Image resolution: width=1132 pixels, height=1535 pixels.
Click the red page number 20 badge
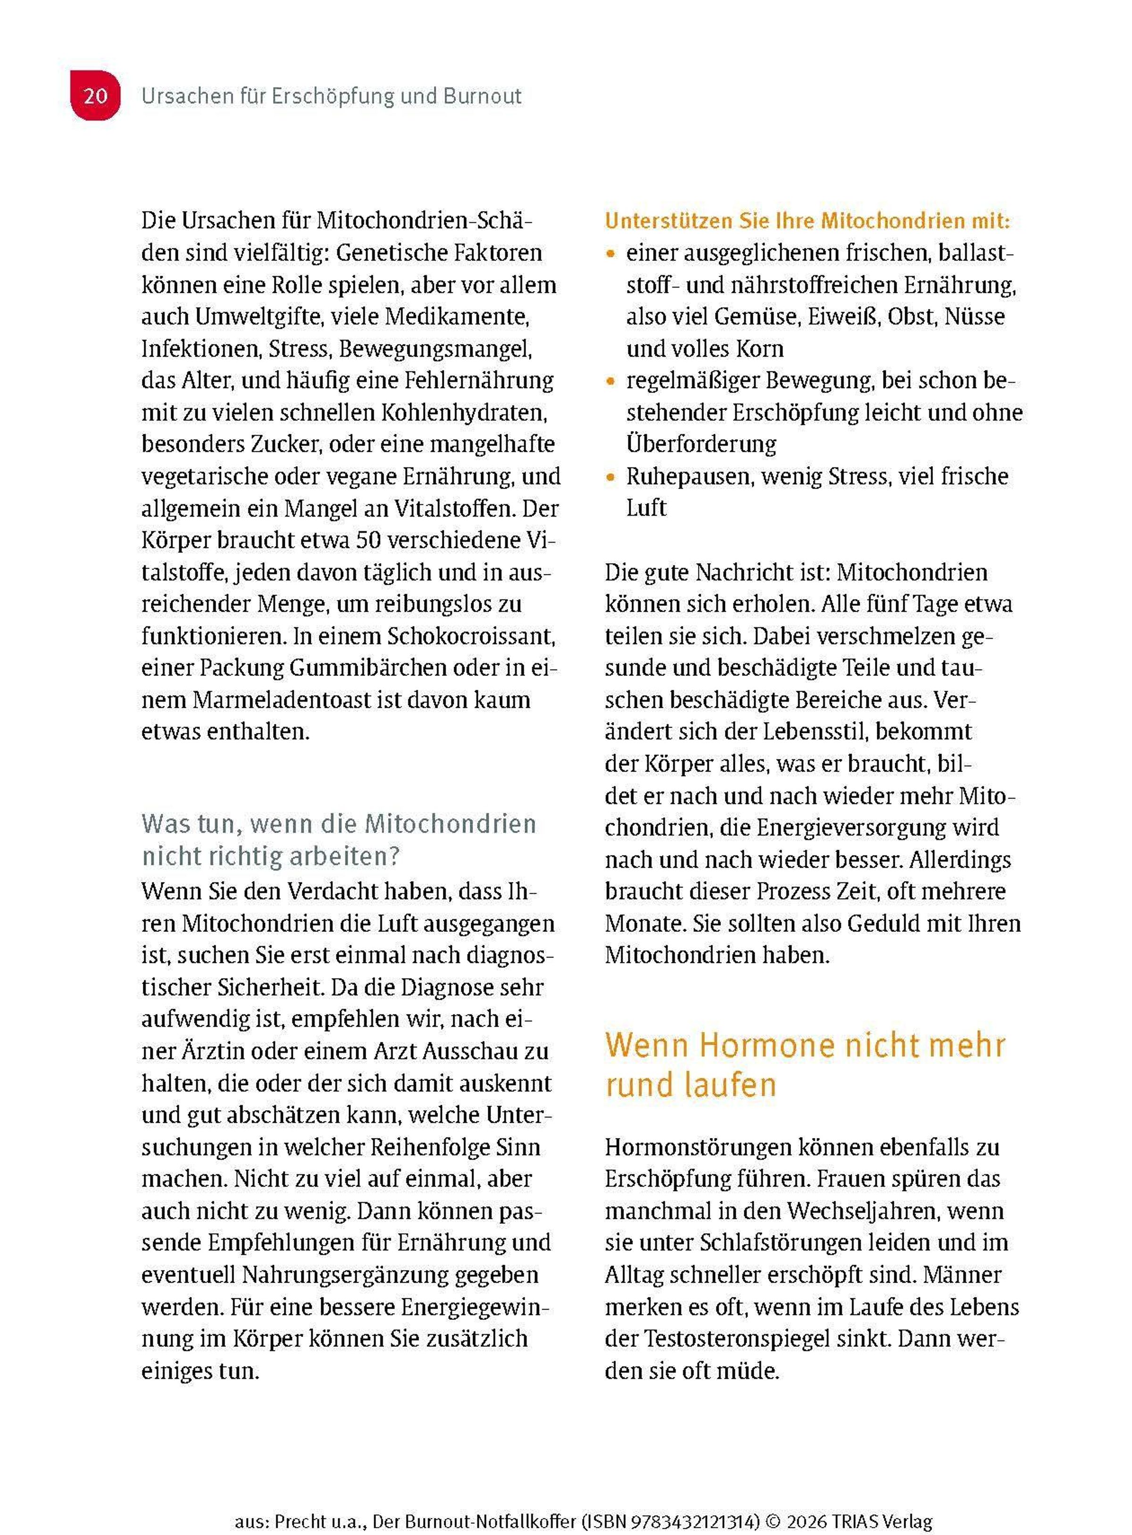click(95, 95)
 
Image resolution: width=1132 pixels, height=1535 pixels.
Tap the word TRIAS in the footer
click(854, 1503)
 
